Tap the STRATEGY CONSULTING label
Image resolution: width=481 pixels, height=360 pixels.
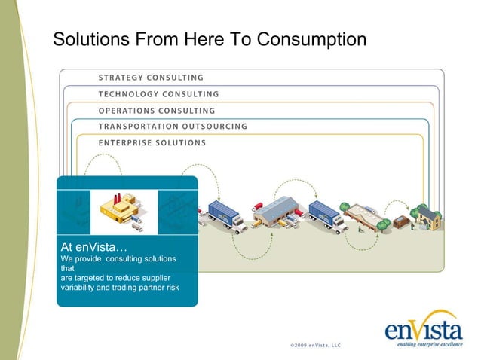151,77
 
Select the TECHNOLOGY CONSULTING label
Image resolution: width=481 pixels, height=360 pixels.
158,94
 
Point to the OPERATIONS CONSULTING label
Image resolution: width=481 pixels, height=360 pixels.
157,111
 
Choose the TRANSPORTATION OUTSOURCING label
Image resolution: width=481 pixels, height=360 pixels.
173,126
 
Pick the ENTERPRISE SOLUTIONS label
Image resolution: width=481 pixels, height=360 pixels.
152,142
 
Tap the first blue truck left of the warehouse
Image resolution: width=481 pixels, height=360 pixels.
225,214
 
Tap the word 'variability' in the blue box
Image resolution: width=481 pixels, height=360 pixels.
83,286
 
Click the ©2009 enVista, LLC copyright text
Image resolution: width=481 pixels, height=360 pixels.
315,346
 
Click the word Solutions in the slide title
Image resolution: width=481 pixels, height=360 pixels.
85,38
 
